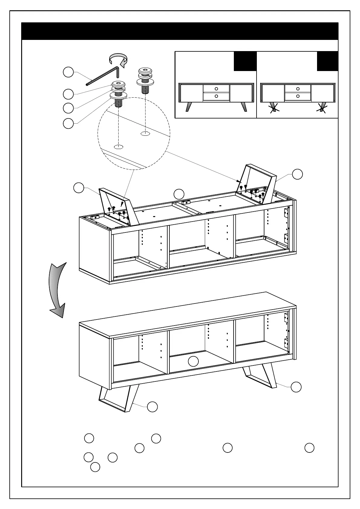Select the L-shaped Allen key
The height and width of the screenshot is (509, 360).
(x=103, y=76)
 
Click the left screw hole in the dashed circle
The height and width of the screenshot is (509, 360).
(x=119, y=147)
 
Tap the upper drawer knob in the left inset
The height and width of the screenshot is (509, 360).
(x=216, y=89)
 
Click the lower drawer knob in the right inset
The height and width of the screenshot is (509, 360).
(x=298, y=96)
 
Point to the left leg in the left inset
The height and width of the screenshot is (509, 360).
(x=189, y=107)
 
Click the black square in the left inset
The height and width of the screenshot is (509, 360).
(x=245, y=61)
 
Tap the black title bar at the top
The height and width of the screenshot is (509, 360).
(x=180, y=31)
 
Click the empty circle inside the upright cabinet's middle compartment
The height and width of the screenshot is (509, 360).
(x=193, y=361)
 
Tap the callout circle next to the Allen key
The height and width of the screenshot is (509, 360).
(x=68, y=73)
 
